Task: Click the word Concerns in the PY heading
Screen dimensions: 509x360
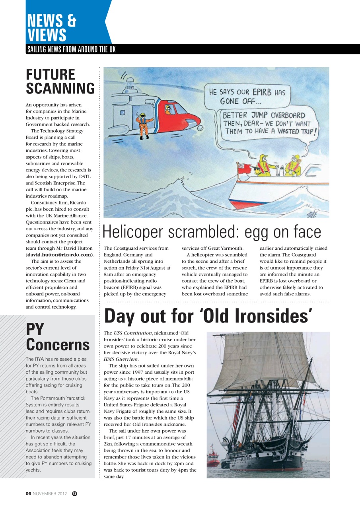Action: pos(58,344)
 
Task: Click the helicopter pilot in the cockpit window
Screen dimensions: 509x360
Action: pos(169,109)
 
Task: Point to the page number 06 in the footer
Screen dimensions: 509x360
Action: pos(28,493)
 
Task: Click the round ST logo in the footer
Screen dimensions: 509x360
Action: pos(74,493)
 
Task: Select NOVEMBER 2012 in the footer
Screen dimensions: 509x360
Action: pos(50,493)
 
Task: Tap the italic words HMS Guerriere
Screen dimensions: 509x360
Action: pos(121,359)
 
